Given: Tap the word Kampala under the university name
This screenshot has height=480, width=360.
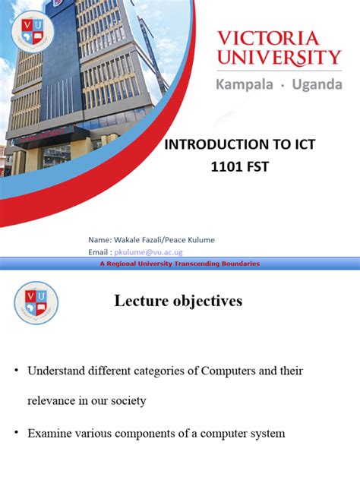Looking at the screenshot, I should click(x=247, y=84).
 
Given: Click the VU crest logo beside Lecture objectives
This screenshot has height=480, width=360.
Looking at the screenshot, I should click(x=36, y=302).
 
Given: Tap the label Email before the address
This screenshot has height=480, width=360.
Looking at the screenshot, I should click(x=101, y=251).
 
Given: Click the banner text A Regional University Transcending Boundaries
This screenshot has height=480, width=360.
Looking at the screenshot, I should click(x=180, y=264).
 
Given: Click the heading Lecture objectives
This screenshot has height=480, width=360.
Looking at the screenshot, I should click(x=178, y=302).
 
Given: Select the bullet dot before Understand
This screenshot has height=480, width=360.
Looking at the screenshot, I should click(x=16, y=371).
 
